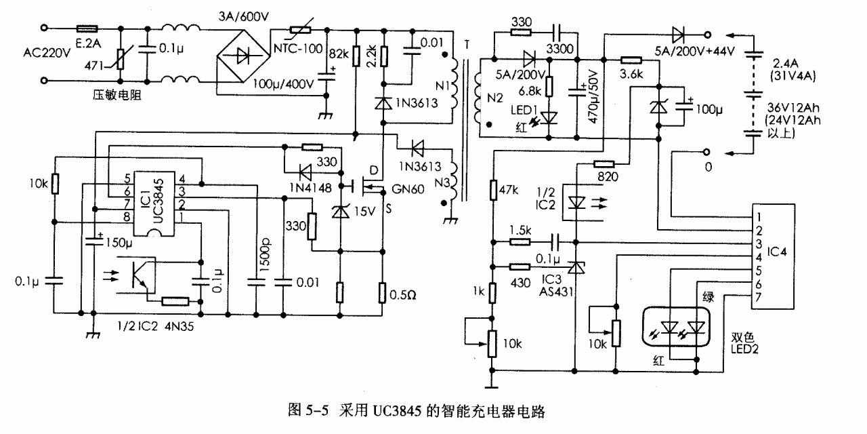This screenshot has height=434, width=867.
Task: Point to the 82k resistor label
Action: [339, 53]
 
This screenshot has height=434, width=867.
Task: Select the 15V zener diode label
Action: [364, 212]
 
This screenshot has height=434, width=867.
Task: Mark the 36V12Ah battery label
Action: [791, 108]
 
